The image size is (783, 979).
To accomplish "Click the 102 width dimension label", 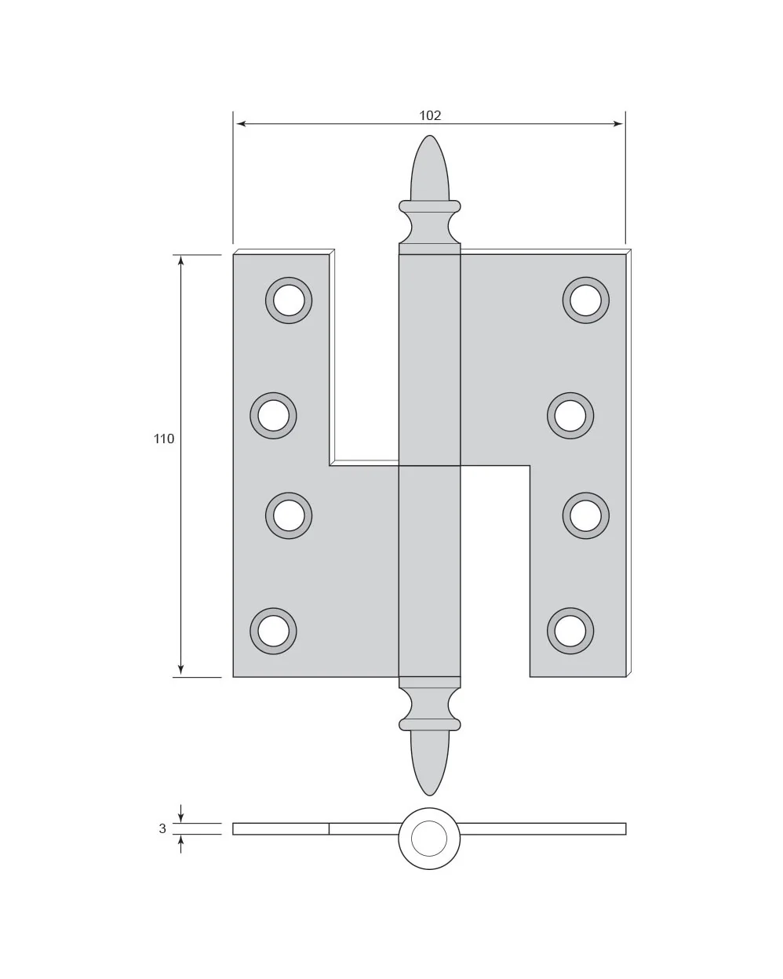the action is [429, 115].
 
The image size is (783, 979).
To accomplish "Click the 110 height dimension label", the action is [164, 439].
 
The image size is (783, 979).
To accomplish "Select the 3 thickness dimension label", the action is [162, 829].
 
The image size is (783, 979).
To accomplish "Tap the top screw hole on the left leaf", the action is [289, 300].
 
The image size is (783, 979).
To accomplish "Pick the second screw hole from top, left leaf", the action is [274, 415].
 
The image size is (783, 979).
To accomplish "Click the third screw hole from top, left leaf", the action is [289, 515].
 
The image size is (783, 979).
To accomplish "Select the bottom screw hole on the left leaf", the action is [274, 631].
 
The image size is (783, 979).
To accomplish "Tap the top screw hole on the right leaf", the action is [585, 300].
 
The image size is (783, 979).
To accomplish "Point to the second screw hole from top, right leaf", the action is [570, 415].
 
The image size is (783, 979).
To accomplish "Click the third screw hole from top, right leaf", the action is [585, 515].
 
